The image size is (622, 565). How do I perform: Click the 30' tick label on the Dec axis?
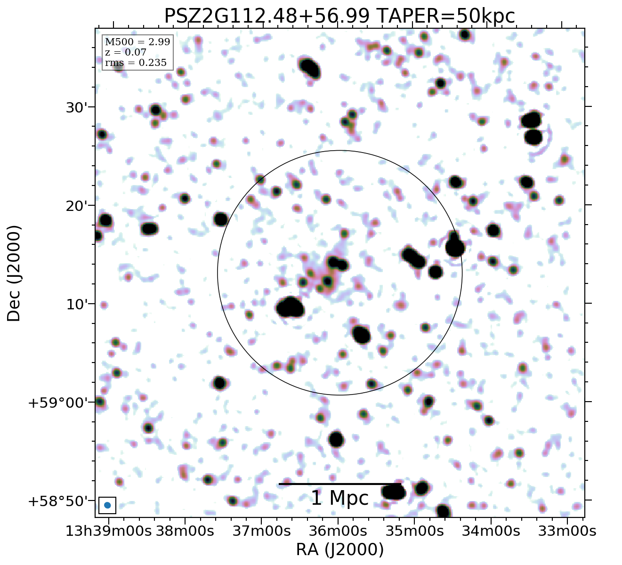tap(77, 107)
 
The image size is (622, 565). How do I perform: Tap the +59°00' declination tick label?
tap(58, 403)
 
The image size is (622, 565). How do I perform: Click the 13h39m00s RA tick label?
tap(108, 532)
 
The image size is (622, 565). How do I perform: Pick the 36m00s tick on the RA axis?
tap(338, 532)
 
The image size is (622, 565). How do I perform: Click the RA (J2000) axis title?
tap(339, 549)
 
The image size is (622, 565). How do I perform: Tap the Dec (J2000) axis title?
tap(14, 273)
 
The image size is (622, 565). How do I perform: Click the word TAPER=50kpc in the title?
tap(445, 16)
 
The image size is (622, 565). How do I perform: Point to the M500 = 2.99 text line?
tap(137, 42)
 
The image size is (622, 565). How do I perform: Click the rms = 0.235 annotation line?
tap(136, 63)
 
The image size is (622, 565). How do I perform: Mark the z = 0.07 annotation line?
tap(126, 52)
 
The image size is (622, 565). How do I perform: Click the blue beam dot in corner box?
tap(107, 505)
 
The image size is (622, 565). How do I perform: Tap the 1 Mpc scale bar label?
tap(339, 498)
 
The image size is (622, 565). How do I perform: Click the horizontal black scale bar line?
tap(339, 484)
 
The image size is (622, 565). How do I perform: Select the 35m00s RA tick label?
tap(414, 532)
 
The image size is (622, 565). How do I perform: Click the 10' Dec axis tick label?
tap(77, 305)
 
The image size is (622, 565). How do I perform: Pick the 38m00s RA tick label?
tap(185, 532)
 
